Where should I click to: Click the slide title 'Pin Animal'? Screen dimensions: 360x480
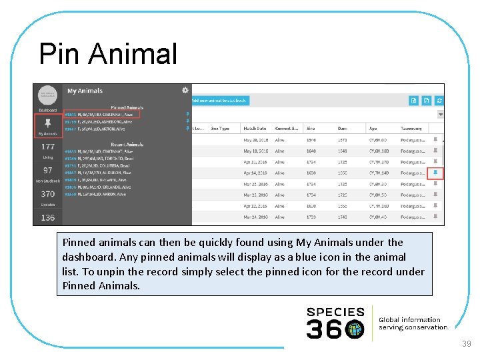tap(108, 54)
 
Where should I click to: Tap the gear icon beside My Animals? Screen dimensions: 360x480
tap(185, 90)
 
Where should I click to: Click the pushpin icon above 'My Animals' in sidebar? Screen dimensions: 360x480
tap(47, 123)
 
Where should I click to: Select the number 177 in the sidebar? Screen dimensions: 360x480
tap(48, 147)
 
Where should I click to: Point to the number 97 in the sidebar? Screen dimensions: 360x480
tap(48, 171)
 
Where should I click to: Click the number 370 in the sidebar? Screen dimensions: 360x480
tap(48, 194)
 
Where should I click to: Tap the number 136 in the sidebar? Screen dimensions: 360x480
tap(48, 217)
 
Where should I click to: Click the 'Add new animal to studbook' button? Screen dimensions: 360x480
tap(219, 101)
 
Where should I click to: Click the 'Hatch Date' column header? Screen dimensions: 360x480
tap(255, 128)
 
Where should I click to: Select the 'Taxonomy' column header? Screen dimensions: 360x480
tap(411, 128)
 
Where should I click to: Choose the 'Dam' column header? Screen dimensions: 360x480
tap(342, 128)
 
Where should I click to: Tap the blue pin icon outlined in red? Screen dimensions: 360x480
tap(435, 173)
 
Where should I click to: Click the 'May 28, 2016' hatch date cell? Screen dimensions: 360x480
tap(255, 140)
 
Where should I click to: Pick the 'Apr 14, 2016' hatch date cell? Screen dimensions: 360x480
tap(255, 173)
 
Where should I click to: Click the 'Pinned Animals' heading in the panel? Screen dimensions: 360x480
tap(127, 107)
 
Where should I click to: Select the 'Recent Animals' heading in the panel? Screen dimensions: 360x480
tap(127, 144)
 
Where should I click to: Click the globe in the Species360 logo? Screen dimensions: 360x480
tap(355, 329)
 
